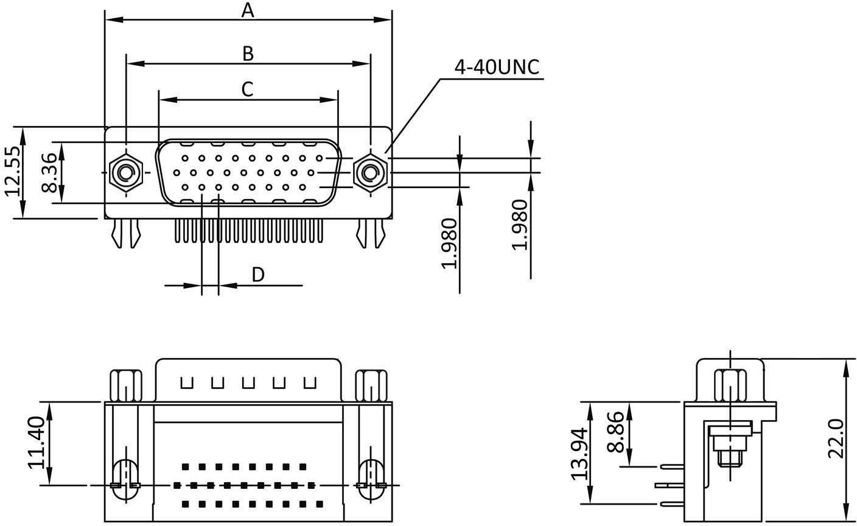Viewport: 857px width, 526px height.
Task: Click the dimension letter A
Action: (x=247, y=10)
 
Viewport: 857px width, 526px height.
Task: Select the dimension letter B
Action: (x=247, y=54)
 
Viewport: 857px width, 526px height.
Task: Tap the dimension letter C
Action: (x=247, y=89)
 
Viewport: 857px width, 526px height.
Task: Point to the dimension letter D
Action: (x=258, y=275)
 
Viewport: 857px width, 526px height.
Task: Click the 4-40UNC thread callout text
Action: (x=497, y=68)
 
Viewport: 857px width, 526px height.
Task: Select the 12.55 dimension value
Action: (x=15, y=172)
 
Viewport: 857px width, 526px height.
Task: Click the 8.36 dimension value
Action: (x=50, y=172)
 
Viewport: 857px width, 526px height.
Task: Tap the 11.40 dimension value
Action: (x=37, y=443)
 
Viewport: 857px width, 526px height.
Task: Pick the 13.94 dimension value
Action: (x=579, y=454)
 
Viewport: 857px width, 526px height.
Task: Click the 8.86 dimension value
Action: (x=615, y=433)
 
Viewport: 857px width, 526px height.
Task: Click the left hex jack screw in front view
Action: (x=125, y=174)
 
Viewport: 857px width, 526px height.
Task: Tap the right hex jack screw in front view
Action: (x=369, y=174)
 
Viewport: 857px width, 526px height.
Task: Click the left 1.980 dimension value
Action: (x=449, y=243)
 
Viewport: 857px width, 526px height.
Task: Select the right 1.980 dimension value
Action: (x=519, y=225)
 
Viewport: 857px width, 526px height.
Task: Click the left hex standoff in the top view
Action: (x=125, y=385)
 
